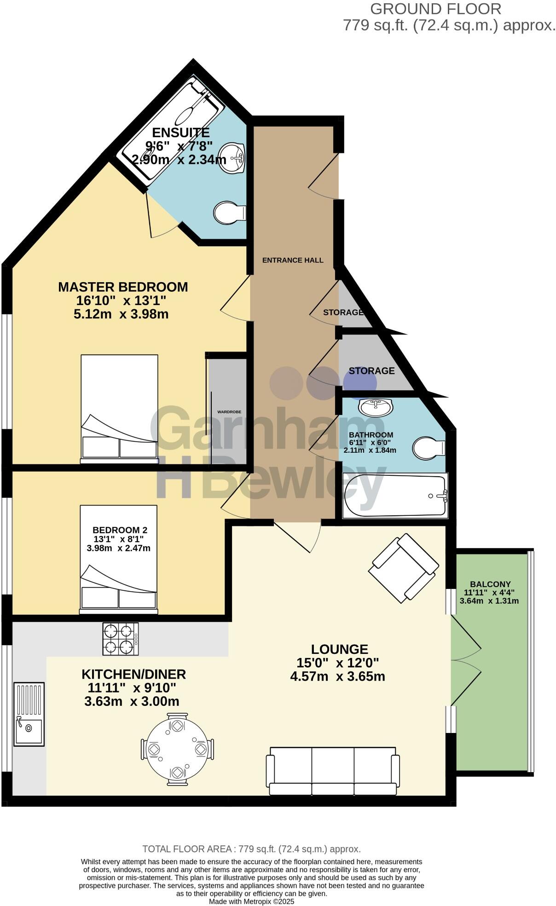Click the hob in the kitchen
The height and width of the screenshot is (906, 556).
(x=120, y=639)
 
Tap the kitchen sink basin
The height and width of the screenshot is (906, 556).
(x=29, y=728)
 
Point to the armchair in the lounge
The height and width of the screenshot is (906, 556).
(x=404, y=568)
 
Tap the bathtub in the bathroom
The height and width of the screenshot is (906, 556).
(x=394, y=496)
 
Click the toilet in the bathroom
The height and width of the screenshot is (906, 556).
(x=428, y=448)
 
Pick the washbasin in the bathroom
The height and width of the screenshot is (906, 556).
(x=376, y=407)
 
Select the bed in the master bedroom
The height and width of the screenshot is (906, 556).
(x=119, y=408)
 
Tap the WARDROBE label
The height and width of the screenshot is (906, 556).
(x=229, y=412)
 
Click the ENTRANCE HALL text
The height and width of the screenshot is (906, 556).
(x=293, y=260)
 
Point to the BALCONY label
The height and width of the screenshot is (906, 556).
(x=490, y=584)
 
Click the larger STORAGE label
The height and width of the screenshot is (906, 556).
(x=371, y=371)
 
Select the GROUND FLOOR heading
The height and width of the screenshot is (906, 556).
(x=435, y=9)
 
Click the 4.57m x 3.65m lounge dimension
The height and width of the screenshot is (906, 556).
(x=337, y=676)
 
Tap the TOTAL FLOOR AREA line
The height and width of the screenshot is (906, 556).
(x=251, y=849)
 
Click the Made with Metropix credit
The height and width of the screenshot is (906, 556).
(x=251, y=901)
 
